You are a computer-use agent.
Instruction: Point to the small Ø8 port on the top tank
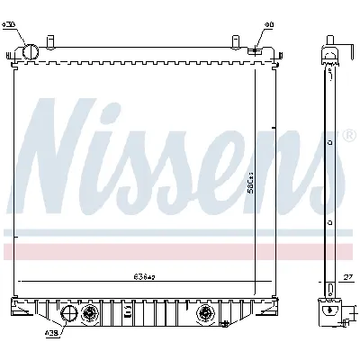pos(256,50)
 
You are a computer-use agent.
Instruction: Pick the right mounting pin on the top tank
pos(237,42)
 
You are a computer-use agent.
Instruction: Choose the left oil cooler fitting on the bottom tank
pos(90,314)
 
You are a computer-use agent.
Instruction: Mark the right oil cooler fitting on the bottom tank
pos(204,314)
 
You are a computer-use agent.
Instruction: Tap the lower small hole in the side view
pos(329,219)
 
